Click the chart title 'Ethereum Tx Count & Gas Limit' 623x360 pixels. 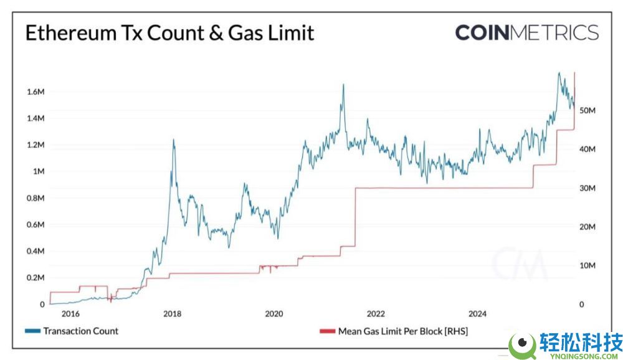(x=169, y=33)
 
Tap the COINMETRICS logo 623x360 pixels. (x=526, y=32)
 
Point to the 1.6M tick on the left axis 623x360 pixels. (x=34, y=92)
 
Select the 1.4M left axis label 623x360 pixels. (x=34, y=118)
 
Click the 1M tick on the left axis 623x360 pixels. (x=37, y=171)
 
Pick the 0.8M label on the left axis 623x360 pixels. (x=34, y=198)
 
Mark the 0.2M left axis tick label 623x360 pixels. (x=34, y=278)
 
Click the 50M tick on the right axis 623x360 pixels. (x=588, y=110)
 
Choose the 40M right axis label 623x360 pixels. (x=588, y=149)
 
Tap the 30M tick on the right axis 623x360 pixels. (x=588, y=188)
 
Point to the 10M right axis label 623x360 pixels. (x=588, y=266)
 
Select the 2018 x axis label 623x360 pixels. (x=173, y=314)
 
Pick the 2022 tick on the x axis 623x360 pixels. (x=375, y=314)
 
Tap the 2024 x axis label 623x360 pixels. (x=477, y=314)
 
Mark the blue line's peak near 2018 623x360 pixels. (x=173, y=140)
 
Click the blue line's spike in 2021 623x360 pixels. (x=343, y=85)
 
